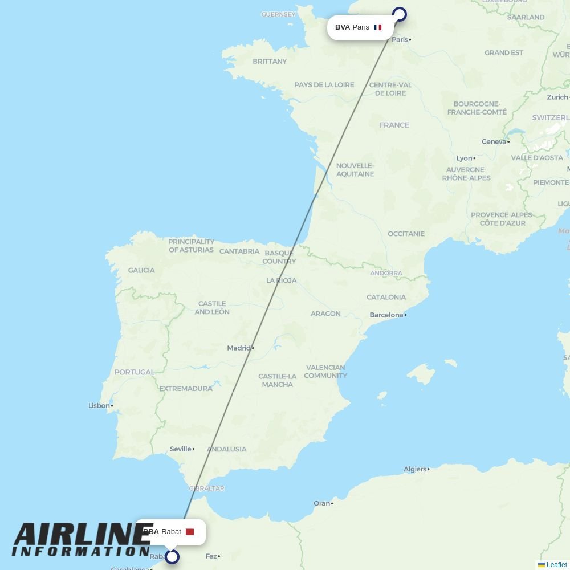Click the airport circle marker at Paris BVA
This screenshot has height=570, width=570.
(x=400, y=15)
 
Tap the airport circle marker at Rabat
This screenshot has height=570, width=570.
(x=172, y=556)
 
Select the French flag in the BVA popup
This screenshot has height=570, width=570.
(x=377, y=27)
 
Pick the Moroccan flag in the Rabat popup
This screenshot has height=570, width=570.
(x=190, y=532)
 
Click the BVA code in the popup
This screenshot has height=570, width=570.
(x=342, y=27)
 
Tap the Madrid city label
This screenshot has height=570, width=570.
(x=239, y=348)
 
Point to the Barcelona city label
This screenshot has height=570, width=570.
(x=386, y=315)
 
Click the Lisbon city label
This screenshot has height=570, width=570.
(x=99, y=406)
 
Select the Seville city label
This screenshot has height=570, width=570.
(x=180, y=449)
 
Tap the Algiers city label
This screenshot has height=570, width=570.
(x=415, y=469)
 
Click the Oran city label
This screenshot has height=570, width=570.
(x=321, y=503)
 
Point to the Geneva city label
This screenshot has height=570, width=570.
(x=494, y=141)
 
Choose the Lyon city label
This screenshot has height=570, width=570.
(x=464, y=158)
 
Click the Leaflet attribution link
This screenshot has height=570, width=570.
(x=556, y=565)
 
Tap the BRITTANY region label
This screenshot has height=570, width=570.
(x=270, y=61)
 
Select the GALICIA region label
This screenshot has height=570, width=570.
(x=141, y=270)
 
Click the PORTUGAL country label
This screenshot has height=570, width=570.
(x=134, y=372)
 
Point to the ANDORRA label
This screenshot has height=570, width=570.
(x=386, y=273)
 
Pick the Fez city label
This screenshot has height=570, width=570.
(x=211, y=556)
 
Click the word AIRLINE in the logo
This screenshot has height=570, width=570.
(x=83, y=535)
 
